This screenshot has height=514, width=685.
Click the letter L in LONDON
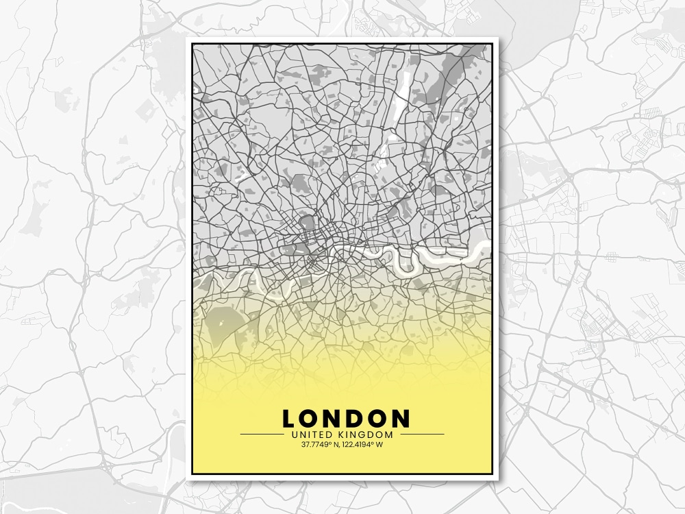289,419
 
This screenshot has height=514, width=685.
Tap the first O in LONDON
310,419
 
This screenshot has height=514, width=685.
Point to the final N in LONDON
400,419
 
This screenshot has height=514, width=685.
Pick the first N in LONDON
332,419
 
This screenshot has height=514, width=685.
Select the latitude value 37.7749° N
321,445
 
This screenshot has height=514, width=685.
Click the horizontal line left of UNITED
260,435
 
